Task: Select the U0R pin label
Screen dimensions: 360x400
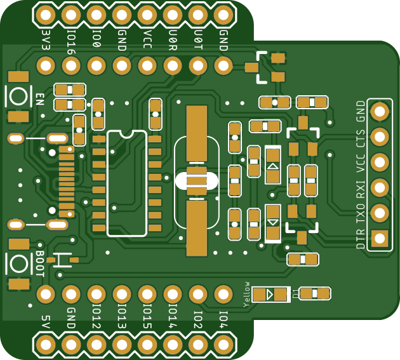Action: (x=172, y=38)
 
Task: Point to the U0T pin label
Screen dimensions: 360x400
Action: (x=197, y=38)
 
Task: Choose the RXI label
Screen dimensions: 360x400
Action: (x=361, y=190)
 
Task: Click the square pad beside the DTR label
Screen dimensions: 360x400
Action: (x=380, y=238)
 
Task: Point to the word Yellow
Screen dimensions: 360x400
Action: (x=247, y=294)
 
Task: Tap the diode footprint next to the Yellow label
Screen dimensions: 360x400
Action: (x=270, y=295)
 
